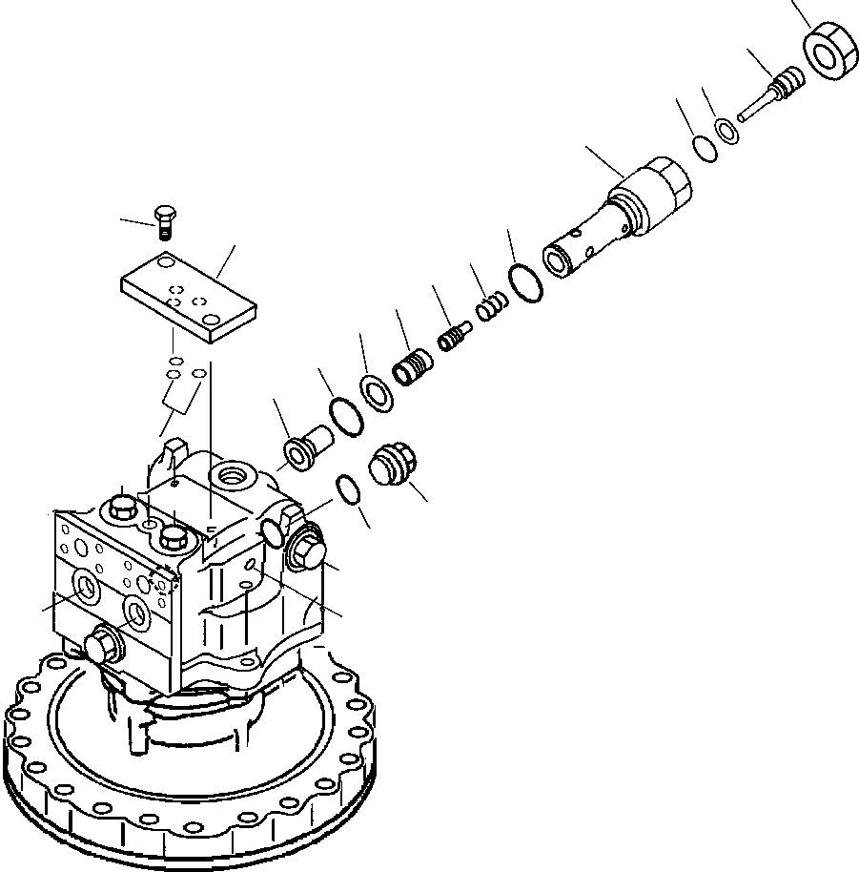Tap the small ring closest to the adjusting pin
click(726, 131)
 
